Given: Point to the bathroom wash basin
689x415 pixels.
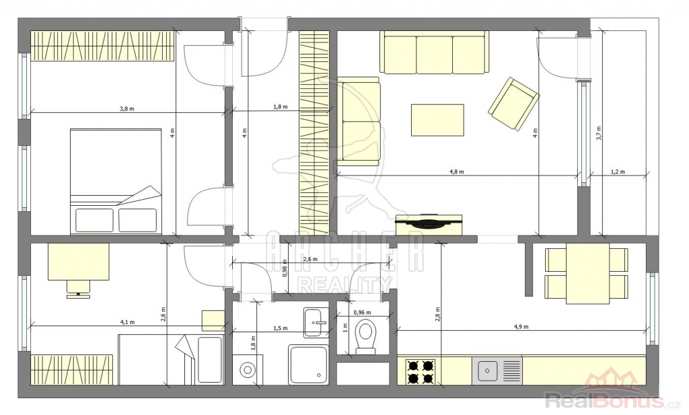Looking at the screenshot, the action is tap(316, 322).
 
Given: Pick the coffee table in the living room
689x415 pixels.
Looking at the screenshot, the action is tap(437, 120).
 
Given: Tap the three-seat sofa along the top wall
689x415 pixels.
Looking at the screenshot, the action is tap(434, 52).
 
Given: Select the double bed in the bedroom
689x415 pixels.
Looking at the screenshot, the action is tap(116, 180).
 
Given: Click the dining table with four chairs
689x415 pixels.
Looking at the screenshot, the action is tap(587, 273).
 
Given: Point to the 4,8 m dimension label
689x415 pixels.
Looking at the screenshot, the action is tap(457, 172).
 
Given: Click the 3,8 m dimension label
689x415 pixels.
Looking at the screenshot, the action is tap(126, 109).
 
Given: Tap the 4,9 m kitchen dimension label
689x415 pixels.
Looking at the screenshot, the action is tap(521, 327).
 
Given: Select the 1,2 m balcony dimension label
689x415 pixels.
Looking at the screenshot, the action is tap(618, 172).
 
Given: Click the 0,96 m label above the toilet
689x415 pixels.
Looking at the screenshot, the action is tap(362, 313).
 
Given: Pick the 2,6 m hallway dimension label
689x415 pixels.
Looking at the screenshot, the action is tap(310, 259).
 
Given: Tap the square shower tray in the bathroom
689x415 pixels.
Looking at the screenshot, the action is tap(308, 365).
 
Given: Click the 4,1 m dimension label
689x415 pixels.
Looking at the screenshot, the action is tap(127, 322).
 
